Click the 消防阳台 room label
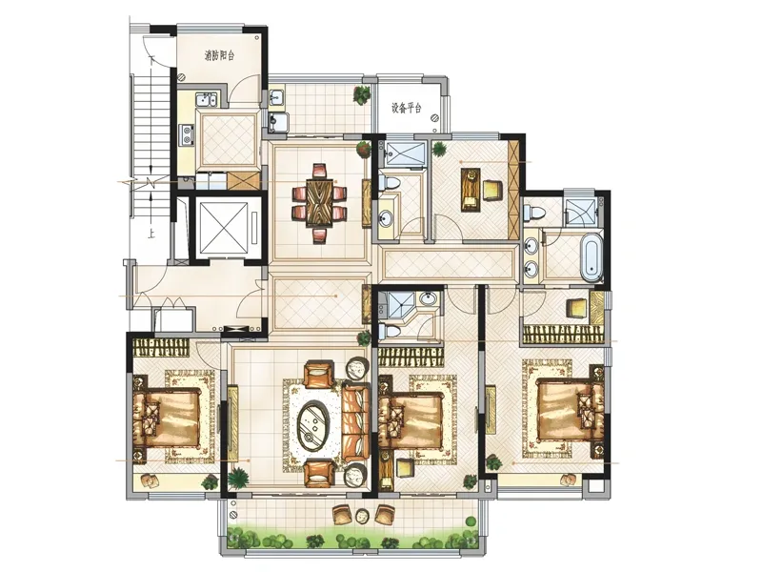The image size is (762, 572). click(219, 55)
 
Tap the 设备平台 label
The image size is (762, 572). click(407, 108)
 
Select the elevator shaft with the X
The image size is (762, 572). click(224, 226)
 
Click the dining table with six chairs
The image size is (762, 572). click(320, 203)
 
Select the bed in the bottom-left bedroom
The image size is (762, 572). click(168, 419)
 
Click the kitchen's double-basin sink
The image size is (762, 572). click(206, 100)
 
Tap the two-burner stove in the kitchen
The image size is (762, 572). click(186, 134)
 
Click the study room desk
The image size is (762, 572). click(471, 189)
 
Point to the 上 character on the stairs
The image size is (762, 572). click(151, 235)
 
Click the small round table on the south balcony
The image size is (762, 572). click(362, 516)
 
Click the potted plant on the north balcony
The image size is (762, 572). click(362, 94)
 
